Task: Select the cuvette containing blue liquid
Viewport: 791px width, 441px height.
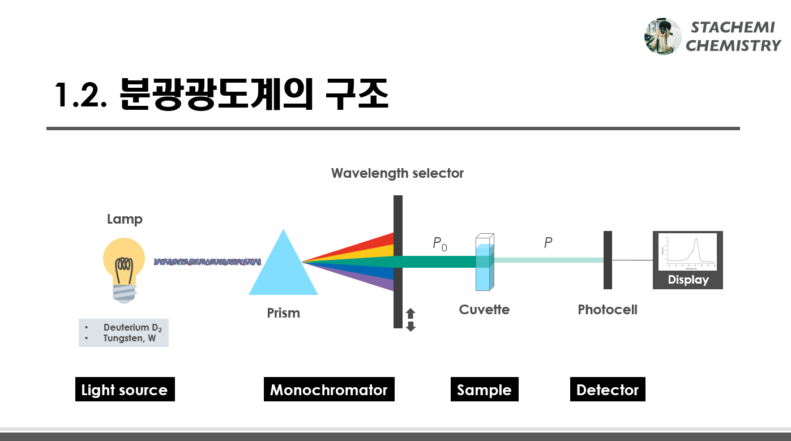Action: (x=484, y=263)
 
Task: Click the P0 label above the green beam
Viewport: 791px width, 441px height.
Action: (x=440, y=243)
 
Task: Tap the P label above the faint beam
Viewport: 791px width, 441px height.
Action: (x=548, y=243)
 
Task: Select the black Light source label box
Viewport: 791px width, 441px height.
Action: (x=125, y=389)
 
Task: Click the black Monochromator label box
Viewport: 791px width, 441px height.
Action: (x=328, y=389)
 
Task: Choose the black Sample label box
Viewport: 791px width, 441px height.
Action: (x=484, y=389)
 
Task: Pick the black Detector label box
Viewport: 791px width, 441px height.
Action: (x=608, y=389)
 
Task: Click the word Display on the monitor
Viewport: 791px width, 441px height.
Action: (x=688, y=280)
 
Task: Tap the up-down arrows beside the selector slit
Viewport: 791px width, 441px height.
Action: (x=411, y=320)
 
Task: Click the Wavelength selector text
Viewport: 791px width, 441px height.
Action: (x=397, y=173)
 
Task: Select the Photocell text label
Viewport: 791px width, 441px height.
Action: (x=608, y=310)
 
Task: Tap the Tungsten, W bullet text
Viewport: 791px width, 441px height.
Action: (x=130, y=339)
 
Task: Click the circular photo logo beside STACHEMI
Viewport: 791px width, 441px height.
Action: (x=662, y=36)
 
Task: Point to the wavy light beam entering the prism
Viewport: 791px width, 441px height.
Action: (x=207, y=262)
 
